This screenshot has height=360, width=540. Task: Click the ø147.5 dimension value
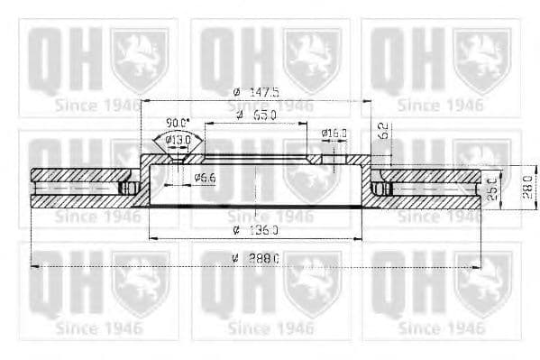coord(257,92)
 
